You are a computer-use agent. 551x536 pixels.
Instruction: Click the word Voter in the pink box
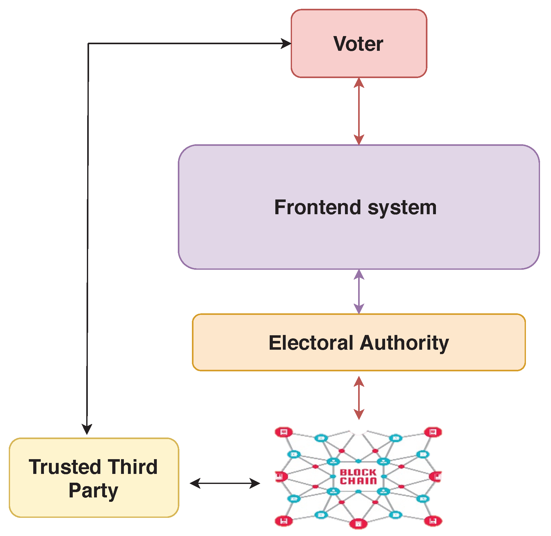[x=358, y=44]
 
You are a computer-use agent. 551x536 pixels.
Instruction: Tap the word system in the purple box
[x=402, y=208]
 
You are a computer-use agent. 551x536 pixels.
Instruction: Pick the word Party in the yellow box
[x=93, y=491]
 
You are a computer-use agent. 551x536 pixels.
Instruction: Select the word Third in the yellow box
[x=133, y=467]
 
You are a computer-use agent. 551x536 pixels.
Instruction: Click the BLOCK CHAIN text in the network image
[x=358, y=477]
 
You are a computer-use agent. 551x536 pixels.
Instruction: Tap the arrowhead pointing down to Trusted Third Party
[x=87, y=429]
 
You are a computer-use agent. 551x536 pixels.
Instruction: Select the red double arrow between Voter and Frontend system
[x=359, y=111]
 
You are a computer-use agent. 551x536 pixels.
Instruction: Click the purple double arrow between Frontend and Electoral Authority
[x=359, y=292]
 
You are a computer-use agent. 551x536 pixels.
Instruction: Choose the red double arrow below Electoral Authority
[x=359, y=398]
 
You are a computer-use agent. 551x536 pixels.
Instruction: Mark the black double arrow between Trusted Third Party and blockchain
[x=225, y=483]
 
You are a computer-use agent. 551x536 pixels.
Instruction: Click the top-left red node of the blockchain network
[x=284, y=432]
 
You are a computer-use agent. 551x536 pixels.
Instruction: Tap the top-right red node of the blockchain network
[x=433, y=432]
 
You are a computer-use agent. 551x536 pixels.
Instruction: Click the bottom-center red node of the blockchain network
[x=358, y=523]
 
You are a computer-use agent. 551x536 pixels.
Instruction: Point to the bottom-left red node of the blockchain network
[x=284, y=521]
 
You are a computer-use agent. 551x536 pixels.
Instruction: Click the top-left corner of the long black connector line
[x=88, y=44]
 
